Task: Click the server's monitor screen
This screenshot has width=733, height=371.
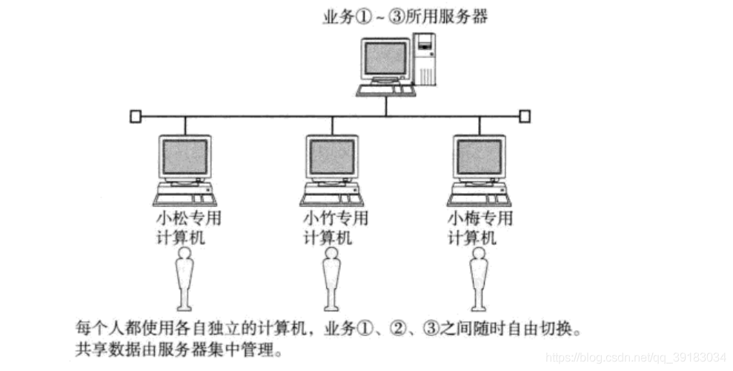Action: coord(385,58)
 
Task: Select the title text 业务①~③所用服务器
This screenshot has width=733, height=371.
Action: coord(405,17)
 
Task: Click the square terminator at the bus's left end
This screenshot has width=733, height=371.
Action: coord(135,116)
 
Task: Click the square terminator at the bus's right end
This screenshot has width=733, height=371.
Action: coord(525,116)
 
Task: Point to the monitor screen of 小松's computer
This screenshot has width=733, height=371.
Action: coord(185,157)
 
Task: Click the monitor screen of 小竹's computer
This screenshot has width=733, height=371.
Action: coord(332,157)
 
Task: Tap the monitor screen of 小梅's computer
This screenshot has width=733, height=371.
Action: coord(480,157)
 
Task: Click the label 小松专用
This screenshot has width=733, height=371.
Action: coord(188,218)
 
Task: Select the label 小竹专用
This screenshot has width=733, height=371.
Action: coord(336,218)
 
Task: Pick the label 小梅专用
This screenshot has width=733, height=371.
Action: coord(480,218)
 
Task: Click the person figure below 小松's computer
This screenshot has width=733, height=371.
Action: coord(185,279)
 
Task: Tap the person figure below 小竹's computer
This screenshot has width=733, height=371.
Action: coord(331,279)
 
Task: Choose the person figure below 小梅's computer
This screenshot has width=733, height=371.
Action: coord(479,279)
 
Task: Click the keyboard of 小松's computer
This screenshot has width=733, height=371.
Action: coord(185,200)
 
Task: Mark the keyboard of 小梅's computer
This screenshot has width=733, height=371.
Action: coord(480,200)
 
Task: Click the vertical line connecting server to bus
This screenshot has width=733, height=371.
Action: coord(386,106)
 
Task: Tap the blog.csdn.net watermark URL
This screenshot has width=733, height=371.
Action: coord(635,358)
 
